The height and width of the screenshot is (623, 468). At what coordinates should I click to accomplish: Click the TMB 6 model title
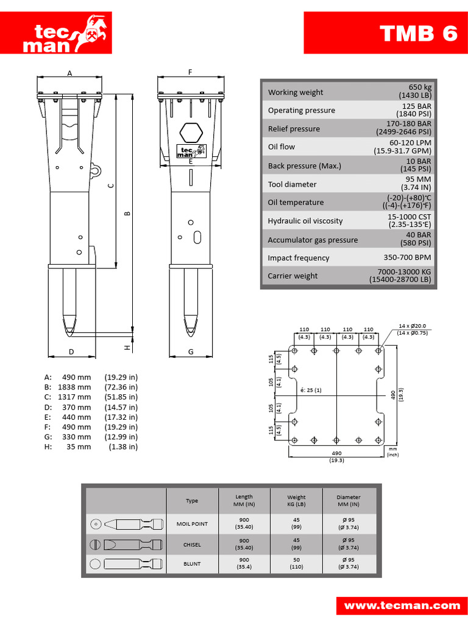click(418, 33)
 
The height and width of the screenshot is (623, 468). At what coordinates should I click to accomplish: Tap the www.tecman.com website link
click(402, 605)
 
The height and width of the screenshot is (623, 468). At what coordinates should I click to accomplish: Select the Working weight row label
click(296, 92)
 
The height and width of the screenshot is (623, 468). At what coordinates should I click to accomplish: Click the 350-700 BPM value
click(408, 257)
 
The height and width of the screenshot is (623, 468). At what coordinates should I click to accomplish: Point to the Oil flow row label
click(282, 147)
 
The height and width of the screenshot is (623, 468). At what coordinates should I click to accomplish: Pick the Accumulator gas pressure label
click(313, 240)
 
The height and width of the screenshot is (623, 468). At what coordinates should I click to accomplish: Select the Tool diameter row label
click(292, 184)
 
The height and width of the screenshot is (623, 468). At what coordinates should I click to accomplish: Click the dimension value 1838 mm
click(74, 387)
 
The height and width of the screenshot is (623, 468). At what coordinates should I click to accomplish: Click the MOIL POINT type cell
click(192, 524)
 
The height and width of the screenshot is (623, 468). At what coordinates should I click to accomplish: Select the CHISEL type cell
click(192, 545)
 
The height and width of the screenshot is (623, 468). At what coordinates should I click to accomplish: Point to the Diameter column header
click(348, 501)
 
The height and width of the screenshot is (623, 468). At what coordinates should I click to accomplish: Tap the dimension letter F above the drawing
click(190, 72)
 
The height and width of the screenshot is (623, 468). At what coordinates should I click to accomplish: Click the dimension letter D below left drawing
click(71, 352)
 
